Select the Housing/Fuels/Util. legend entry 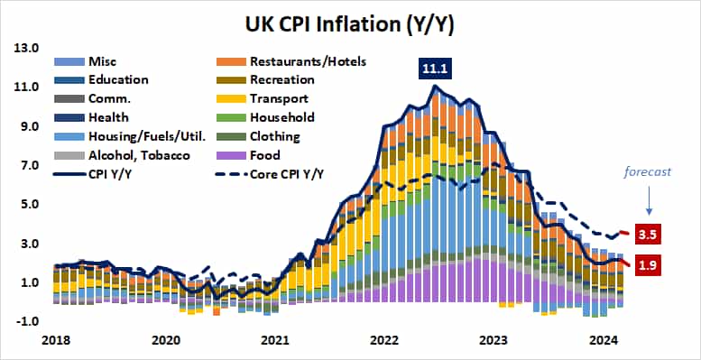coord(135,136)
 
